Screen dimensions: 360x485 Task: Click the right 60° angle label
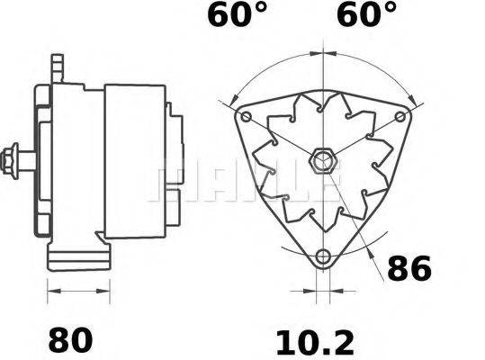[x=367, y=15]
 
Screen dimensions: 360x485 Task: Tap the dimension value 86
[x=409, y=268]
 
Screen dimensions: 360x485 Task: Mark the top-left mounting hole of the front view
[x=247, y=119]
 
